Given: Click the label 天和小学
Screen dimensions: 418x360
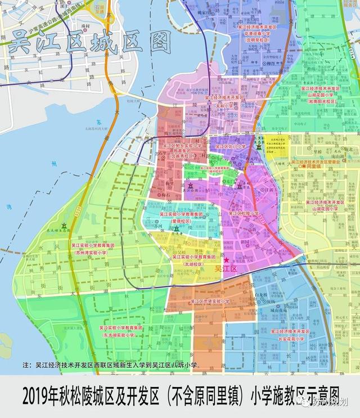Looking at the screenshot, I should click(x=225, y=105).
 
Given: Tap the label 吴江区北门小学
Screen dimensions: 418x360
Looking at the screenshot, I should click(x=227, y=146).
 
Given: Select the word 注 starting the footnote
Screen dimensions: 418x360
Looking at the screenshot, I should click(x=24, y=365).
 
